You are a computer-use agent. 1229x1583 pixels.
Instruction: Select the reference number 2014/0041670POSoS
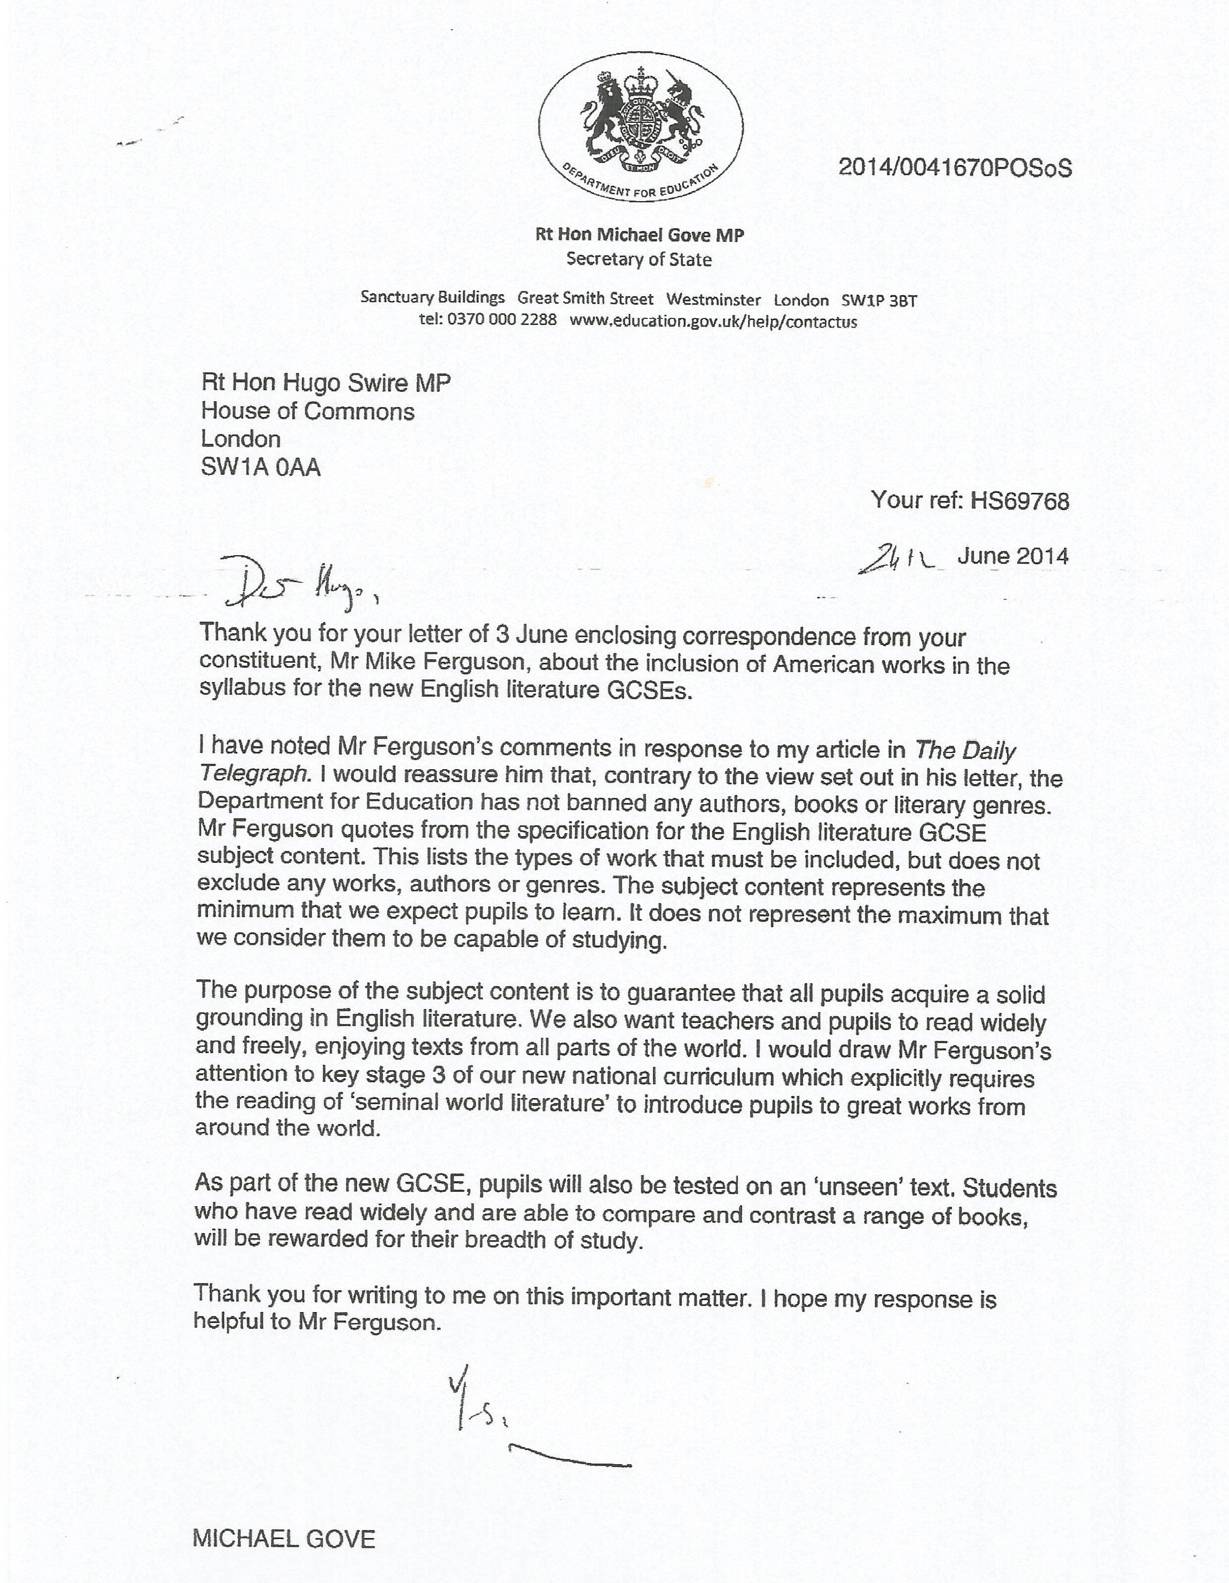click(954, 168)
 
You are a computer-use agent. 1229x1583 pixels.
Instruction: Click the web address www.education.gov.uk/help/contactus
click(713, 321)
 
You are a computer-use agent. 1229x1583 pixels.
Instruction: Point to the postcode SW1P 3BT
click(879, 300)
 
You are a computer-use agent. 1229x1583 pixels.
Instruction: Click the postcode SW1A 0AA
click(260, 467)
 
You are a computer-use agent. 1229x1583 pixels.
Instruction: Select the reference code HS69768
click(1019, 501)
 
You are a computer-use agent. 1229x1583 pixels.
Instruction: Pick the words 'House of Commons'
click(308, 411)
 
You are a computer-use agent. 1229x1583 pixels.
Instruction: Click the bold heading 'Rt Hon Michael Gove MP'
click(639, 234)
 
